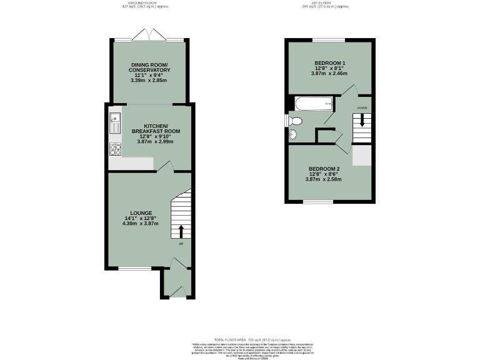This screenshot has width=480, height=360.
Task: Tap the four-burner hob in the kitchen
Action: [115, 149]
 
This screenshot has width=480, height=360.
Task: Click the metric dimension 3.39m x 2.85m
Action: [147, 81]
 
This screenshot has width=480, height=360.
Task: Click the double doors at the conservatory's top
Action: [149, 36]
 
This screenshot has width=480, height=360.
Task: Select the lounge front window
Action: [134, 269]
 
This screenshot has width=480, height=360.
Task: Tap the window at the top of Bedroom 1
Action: [329, 40]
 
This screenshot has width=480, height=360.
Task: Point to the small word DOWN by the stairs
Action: [362, 108]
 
